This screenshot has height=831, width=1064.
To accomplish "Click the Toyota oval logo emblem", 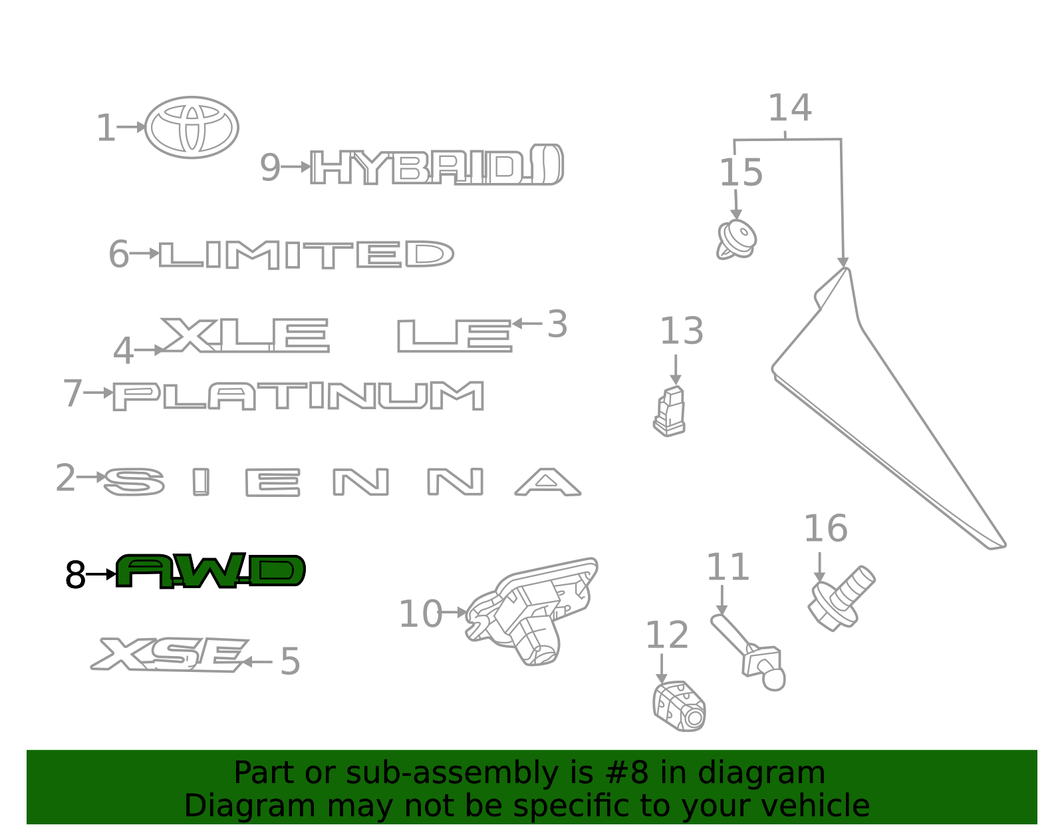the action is pyautogui.click(x=192, y=127).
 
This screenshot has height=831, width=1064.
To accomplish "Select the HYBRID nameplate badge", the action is pyautogui.click(x=437, y=164).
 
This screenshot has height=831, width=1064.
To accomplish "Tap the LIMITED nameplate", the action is pyautogui.click(x=307, y=255).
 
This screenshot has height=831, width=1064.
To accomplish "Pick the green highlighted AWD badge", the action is pyautogui.click(x=211, y=570).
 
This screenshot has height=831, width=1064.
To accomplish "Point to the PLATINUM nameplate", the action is pyautogui.click(x=298, y=396).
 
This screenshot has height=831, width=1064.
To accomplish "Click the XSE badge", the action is pyautogui.click(x=170, y=654).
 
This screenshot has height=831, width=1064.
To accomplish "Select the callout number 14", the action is pyautogui.click(x=790, y=108).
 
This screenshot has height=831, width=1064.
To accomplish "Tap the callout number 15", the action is pyautogui.click(x=741, y=174).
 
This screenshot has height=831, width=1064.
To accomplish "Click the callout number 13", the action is pyautogui.click(x=682, y=331).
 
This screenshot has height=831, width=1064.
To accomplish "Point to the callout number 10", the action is pyautogui.click(x=421, y=614).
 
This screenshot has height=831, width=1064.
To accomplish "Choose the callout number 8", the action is pyautogui.click(x=75, y=575).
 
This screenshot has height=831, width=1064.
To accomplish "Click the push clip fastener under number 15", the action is pyautogui.click(x=736, y=240).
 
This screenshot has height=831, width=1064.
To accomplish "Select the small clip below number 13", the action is pyautogui.click(x=670, y=411).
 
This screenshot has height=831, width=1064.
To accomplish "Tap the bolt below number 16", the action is pyautogui.click(x=841, y=598).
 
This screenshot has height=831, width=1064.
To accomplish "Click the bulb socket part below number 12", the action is pyautogui.click(x=680, y=706).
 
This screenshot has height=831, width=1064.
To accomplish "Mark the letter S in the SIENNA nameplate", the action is pyautogui.click(x=134, y=482).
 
